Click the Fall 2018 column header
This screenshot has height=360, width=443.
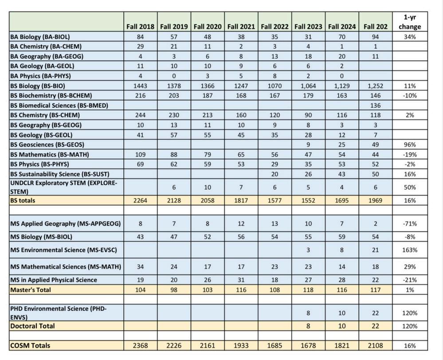click(140, 27)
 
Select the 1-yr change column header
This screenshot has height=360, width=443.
click(409, 22)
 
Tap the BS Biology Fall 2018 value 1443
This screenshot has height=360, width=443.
click(140, 86)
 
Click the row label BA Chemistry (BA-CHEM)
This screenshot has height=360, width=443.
click(46, 47)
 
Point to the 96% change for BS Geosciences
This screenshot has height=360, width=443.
click(409, 144)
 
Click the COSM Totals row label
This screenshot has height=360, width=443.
click(30, 345)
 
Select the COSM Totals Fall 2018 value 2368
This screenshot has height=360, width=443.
click(140, 345)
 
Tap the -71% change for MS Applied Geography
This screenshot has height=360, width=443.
click(409, 224)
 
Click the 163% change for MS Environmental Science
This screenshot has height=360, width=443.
click(409, 250)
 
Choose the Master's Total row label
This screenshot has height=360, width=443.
click(31, 290)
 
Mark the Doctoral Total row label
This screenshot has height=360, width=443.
click(32, 326)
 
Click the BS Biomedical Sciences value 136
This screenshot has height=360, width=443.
click(375, 105)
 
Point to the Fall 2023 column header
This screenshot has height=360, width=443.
click(308, 27)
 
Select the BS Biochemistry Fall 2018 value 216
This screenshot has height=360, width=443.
click(140, 95)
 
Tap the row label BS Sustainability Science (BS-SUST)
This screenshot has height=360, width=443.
click(60, 173)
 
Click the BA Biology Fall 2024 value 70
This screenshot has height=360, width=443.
click(342, 37)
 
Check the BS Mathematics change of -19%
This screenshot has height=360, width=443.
click(409, 154)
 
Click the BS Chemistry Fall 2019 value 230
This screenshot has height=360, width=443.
click(174, 115)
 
